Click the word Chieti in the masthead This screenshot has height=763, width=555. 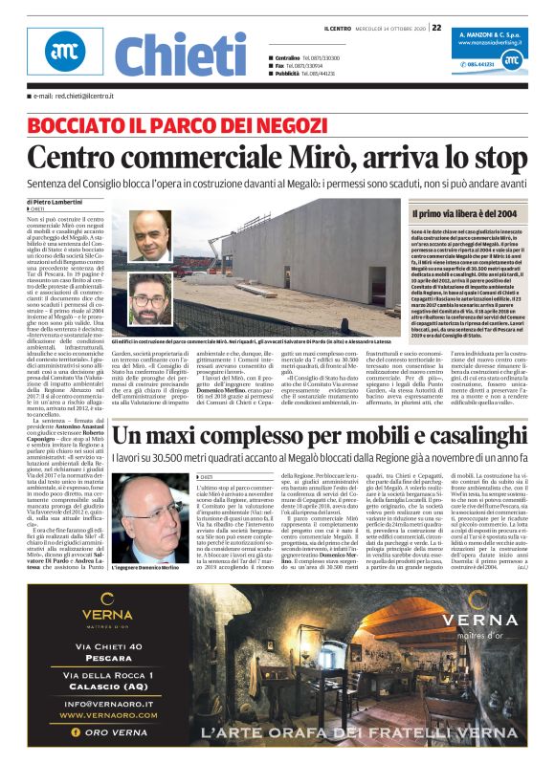[x=178, y=54]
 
